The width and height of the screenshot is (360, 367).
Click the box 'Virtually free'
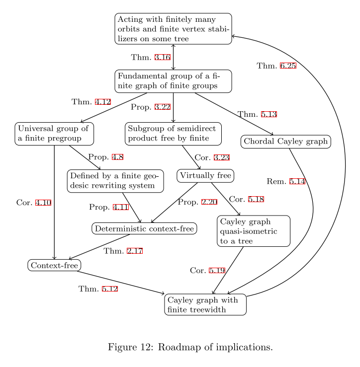[x=205, y=176]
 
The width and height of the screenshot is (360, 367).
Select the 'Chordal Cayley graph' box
[x=286, y=142]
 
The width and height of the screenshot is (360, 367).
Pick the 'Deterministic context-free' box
[x=144, y=228]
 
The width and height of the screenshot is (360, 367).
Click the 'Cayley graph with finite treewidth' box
[x=205, y=305]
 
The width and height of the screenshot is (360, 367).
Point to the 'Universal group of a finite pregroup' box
[x=54, y=134]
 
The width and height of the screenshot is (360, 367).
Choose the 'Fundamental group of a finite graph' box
[x=173, y=81]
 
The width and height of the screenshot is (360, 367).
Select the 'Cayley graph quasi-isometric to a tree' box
[x=254, y=230]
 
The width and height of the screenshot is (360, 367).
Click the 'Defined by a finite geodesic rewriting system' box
[x=115, y=181]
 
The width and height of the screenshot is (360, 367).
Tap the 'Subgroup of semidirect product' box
[x=173, y=133]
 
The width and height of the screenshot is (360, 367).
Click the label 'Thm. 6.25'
[x=276, y=66]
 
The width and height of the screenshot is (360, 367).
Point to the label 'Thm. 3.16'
[x=151, y=58]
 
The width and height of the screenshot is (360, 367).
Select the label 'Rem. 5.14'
[x=285, y=181]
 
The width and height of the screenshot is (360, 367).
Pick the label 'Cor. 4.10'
[x=34, y=203]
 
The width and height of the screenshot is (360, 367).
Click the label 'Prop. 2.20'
[x=197, y=202]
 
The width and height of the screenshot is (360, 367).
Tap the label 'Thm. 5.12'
[x=98, y=289]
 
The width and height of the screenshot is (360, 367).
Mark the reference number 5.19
[x=217, y=271]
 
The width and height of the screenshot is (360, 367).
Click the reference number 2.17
[x=135, y=251]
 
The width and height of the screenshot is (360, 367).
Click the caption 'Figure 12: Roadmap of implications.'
[x=190, y=347]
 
